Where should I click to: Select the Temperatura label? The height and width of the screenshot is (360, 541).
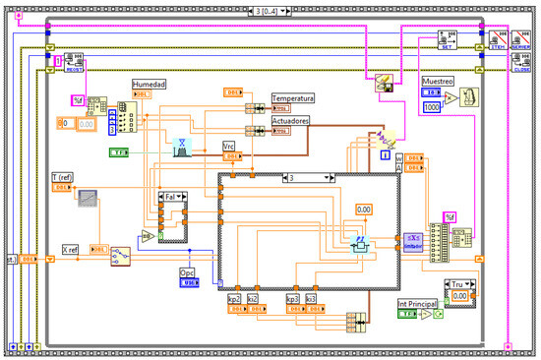(x=293, y=98)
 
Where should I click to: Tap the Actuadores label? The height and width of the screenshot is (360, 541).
(x=291, y=120)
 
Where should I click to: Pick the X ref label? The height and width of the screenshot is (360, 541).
(x=71, y=249)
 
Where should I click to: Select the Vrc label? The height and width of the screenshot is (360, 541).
(x=228, y=145)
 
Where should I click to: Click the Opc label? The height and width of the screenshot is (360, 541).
(x=188, y=271)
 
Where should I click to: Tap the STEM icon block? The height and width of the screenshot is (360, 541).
(x=497, y=42)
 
